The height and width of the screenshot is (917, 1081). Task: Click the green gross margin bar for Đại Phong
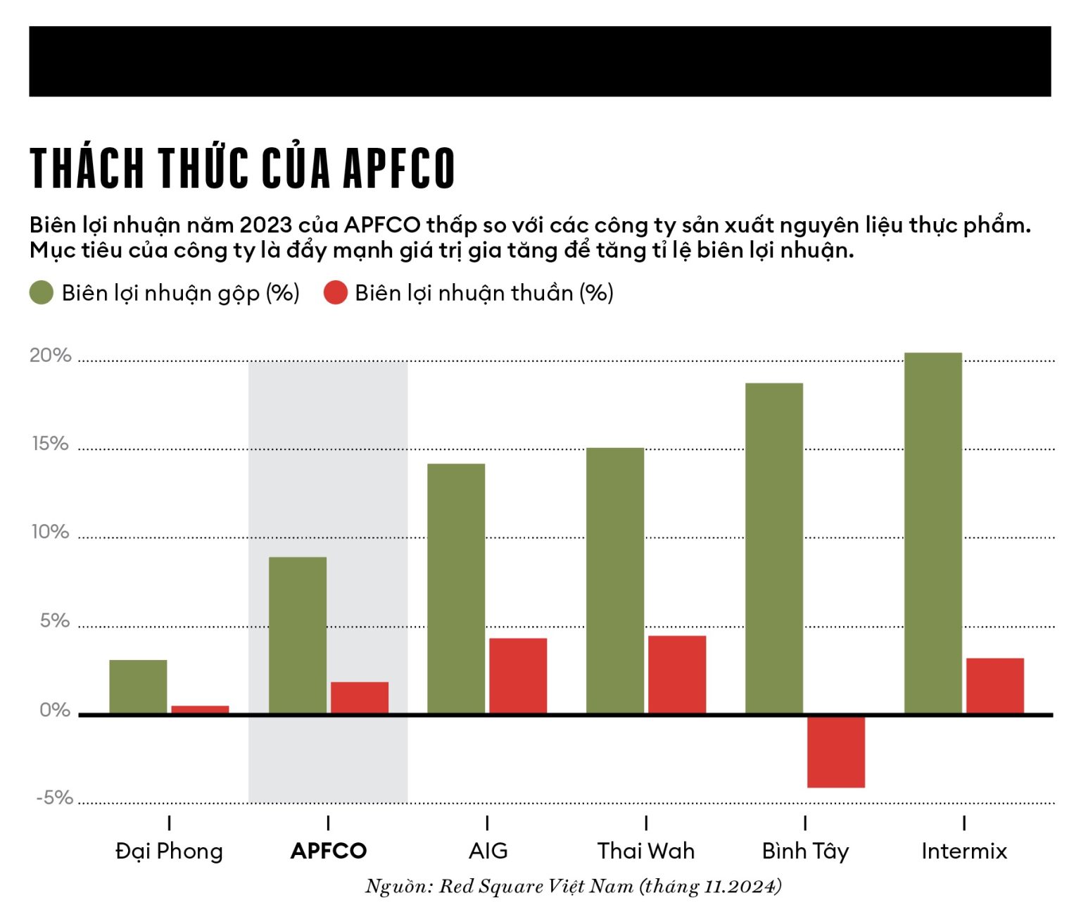click(138, 687)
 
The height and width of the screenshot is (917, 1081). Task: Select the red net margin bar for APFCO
click(359, 697)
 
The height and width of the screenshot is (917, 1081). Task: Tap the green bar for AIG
click(456, 588)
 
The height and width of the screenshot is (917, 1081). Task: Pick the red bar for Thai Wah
click(676, 675)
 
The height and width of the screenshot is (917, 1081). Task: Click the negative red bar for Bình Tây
click(835, 751)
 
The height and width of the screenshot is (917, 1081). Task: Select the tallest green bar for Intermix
click(933, 533)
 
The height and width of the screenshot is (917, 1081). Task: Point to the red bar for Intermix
click(994, 686)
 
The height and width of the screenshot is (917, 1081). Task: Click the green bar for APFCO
click(298, 635)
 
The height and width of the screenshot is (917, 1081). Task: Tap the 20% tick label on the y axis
click(51, 356)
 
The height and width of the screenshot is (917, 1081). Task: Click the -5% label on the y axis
click(55, 798)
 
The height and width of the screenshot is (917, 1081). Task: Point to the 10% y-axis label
click(51, 532)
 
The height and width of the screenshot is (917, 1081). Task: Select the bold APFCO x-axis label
click(329, 851)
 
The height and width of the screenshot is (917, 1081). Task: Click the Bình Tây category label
click(805, 851)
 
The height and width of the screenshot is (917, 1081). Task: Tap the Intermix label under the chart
click(963, 851)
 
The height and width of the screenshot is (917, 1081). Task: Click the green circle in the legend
click(42, 293)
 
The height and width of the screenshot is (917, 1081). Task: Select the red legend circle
click(336, 293)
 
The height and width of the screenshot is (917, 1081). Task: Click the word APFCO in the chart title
click(398, 169)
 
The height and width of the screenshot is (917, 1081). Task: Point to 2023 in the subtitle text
click(265, 225)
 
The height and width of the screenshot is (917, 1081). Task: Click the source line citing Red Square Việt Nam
click(573, 886)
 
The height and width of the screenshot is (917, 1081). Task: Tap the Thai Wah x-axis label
click(645, 851)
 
